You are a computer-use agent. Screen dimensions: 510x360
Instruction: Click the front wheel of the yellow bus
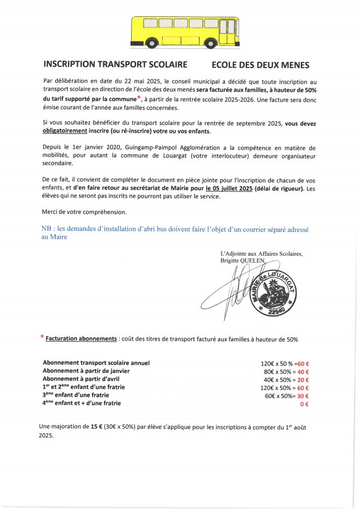(x=212, y=43)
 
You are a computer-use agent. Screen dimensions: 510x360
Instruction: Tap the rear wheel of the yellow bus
(x=152, y=43)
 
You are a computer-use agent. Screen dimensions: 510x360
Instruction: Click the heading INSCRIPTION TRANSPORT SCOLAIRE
(x=115, y=65)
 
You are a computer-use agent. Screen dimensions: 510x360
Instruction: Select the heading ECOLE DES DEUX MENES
(x=261, y=65)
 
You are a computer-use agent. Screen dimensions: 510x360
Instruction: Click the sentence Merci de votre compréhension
(x=84, y=212)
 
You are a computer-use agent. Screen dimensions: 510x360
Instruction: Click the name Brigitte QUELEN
(x=245, y=261)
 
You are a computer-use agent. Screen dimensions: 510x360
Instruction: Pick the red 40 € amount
(x=304, y=371)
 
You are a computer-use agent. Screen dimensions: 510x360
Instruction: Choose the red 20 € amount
(x=304, y=379)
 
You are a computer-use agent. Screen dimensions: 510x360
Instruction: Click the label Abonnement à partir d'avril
(x=84, y=379)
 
